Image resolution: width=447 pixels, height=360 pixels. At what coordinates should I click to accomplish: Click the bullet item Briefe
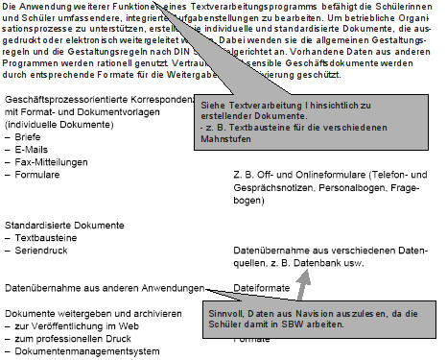coord(28,137)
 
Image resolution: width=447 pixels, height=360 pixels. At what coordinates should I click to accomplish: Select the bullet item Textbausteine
coord(43,237)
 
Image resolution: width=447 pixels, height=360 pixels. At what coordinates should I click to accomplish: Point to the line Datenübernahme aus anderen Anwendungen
coord(104,287)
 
